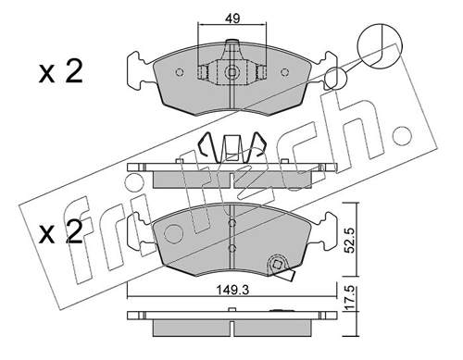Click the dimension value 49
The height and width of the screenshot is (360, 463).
coord(232,19)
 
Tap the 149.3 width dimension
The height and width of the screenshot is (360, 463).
coord(232,290)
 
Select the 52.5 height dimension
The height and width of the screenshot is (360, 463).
coord(350,239)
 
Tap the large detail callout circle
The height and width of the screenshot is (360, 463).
coord(380,45)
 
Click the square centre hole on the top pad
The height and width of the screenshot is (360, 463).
coord(231,72)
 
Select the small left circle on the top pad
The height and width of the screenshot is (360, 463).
coord(180,72)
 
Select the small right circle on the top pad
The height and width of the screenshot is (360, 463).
coord(284,72)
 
